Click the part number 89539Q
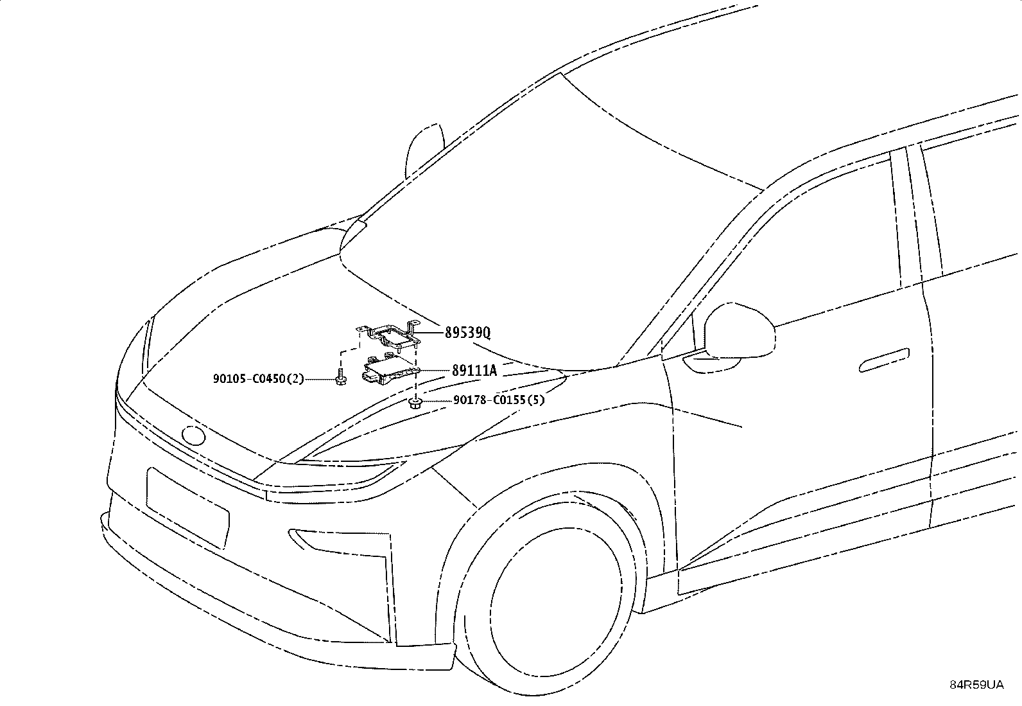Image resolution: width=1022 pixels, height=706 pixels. pos(467,333)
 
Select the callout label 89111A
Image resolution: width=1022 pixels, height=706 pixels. pos(474,371)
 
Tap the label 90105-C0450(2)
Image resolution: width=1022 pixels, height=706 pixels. pos(258,378)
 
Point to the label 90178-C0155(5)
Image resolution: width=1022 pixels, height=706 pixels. pos(499,400)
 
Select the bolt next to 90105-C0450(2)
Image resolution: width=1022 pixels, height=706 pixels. pos(340,376)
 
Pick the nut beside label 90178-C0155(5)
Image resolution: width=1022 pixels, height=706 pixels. pos(415,403)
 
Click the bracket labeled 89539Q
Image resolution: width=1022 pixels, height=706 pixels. pos(389,335)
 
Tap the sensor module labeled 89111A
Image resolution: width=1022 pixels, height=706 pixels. pos(390,369)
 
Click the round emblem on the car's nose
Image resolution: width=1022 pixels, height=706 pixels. pos(193,435)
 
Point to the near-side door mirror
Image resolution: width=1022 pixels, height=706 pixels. pos(739,330)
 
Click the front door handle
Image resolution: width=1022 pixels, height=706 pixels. pos(885,360)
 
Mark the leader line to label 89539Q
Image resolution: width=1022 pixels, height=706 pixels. pos(431,333)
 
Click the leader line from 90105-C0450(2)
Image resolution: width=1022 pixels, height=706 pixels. pos(320,379)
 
